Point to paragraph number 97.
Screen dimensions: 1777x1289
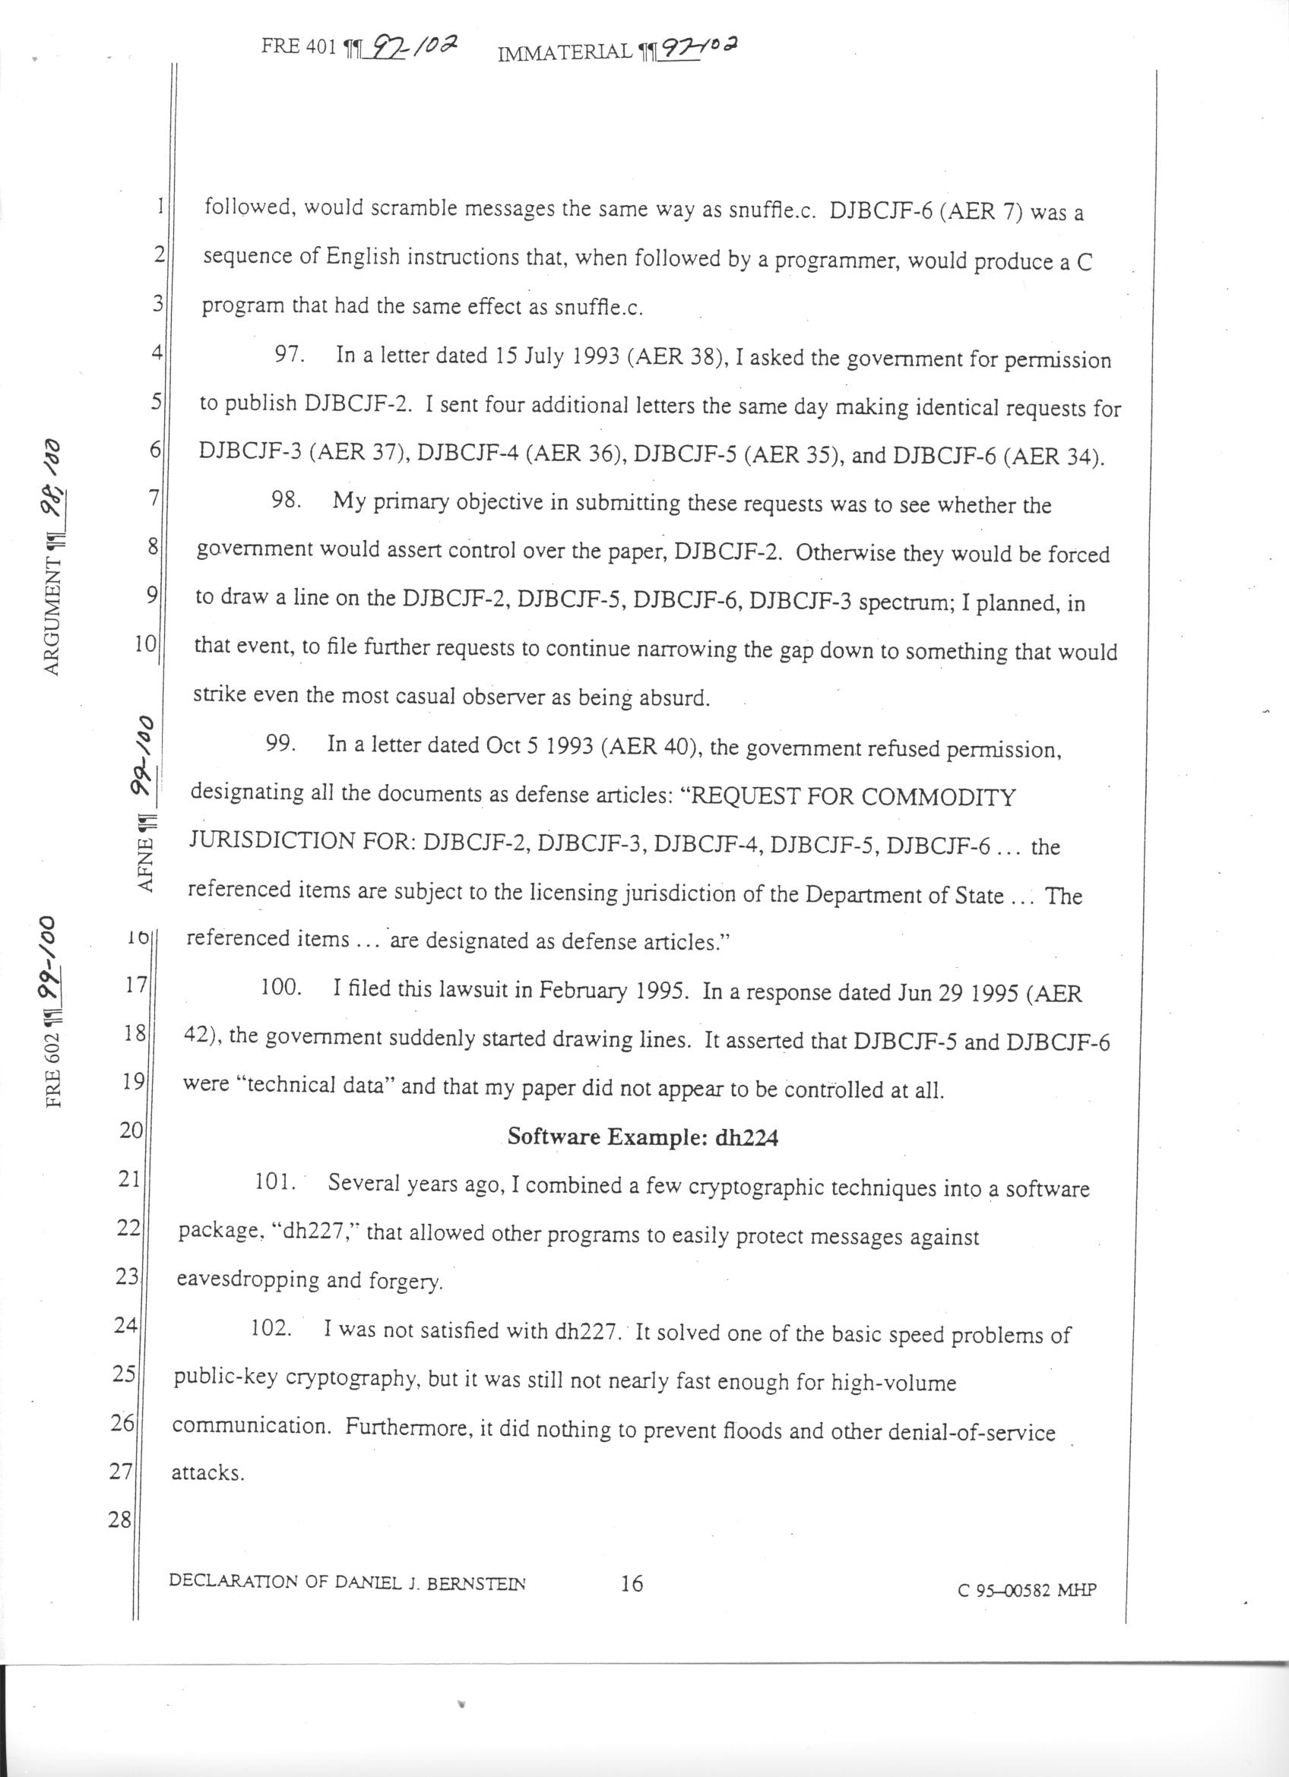pos(288,355)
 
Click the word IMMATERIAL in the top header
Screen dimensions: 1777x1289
pos(564,52)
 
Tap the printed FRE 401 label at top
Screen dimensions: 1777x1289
pos(299,47)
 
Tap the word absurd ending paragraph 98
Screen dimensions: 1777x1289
pos(673,698)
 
